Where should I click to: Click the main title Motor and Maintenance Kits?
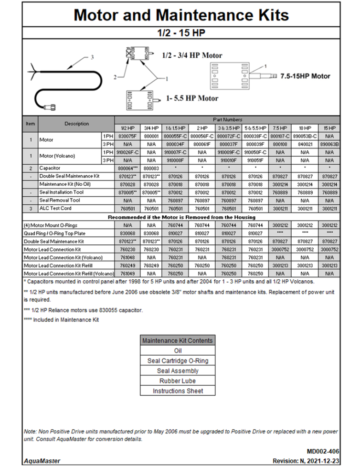(181, 15)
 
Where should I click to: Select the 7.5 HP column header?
(280, 128)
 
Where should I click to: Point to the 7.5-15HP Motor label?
(305, 76)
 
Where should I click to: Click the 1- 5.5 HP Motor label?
(192, 98)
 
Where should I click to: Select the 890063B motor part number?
(329, 144)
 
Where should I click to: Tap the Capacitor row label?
(52, 168)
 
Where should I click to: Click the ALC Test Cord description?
(56, 208)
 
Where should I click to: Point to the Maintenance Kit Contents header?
(177, 340)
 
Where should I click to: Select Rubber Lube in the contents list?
(177, 381)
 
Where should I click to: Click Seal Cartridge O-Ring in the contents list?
(177, 361)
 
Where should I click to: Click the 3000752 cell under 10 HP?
(305, 249)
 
